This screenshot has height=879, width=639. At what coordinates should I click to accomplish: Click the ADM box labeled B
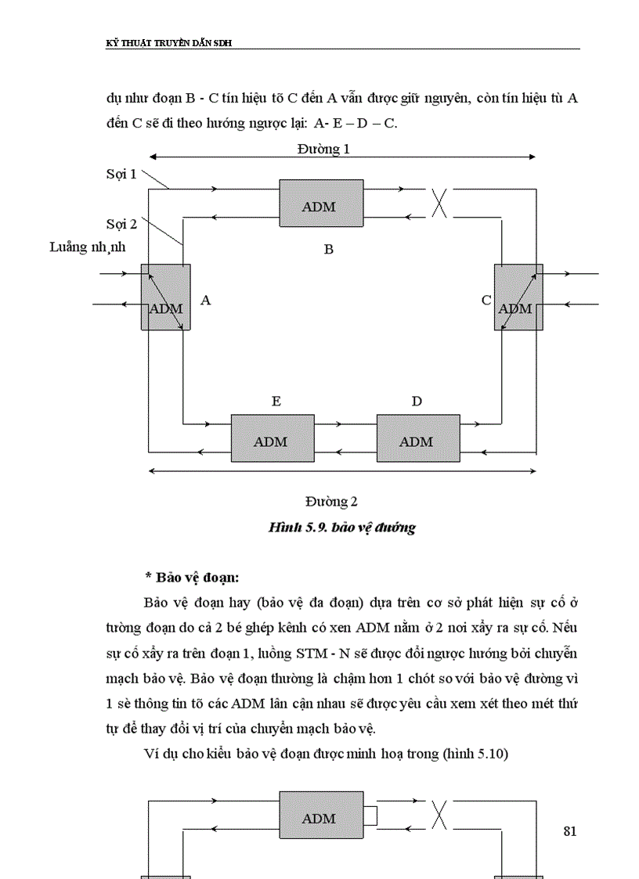coord(321,204)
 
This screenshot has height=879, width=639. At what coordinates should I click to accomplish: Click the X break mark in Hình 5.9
coord(441,203)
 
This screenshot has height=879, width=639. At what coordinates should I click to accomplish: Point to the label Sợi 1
coord(121,174)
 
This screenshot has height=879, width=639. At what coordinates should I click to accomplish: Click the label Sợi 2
coord(121,224)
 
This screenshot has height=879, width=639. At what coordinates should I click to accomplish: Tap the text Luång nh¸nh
coord(88,247)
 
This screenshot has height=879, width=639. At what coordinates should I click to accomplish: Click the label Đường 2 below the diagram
coord(331,501)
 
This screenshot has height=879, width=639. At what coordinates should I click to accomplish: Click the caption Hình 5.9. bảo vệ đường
coord(341,528)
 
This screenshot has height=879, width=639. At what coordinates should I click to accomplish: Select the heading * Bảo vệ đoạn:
coord(191,578)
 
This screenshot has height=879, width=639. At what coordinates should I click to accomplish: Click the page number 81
coord(569,831)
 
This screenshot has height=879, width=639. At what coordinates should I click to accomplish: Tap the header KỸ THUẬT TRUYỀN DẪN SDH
coord(168,43)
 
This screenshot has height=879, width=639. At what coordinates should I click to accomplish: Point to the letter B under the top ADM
coord(329,249)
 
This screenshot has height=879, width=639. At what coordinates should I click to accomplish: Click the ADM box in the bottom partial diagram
coord(321,819)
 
